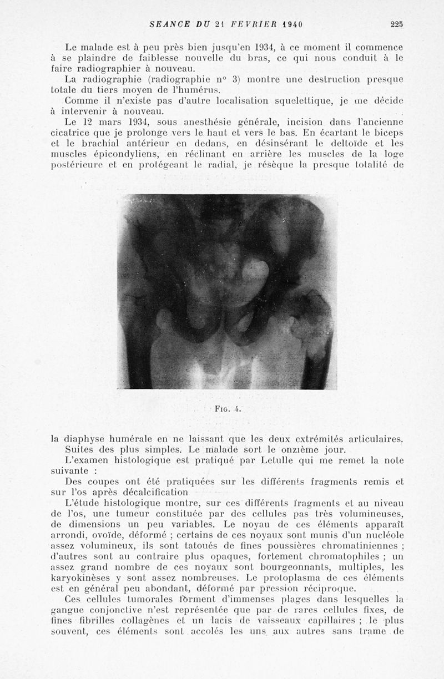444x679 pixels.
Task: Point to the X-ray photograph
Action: coord(226,291)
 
